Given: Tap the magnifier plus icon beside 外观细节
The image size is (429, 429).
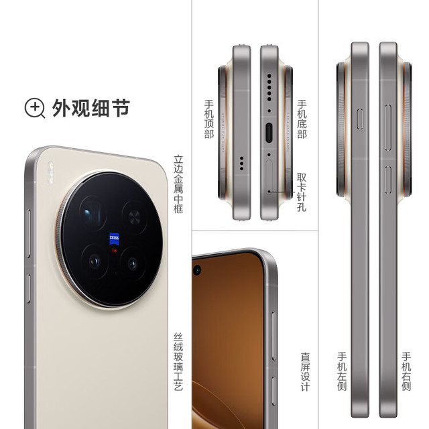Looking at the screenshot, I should (35, 107).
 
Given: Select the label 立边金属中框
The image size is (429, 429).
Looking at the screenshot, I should (178, 184).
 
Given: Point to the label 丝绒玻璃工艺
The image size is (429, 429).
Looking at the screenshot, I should (178, 361).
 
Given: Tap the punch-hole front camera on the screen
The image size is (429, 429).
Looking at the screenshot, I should (198, 270).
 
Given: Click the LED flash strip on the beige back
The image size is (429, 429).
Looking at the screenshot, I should (49, 173).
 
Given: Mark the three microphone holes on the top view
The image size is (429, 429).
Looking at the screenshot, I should (241, 160).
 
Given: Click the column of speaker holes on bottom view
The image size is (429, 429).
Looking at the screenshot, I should (269, 84).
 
